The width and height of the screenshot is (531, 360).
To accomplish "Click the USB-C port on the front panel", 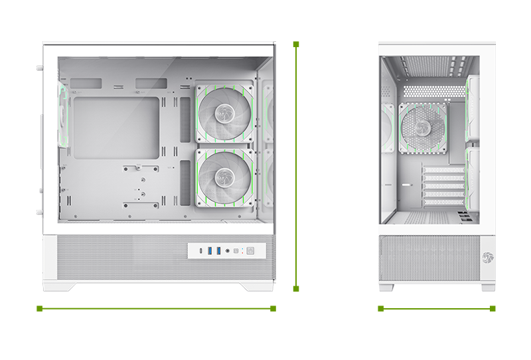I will pos(201,250).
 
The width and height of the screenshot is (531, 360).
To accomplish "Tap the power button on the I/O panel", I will pos(250,251).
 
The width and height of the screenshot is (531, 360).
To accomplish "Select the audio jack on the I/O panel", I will pos(228,251).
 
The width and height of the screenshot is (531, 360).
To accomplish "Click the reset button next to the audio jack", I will pos(237,251).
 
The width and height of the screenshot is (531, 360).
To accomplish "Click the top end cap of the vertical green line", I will pos(296,45).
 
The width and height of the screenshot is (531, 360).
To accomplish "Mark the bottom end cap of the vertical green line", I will pos(296,289).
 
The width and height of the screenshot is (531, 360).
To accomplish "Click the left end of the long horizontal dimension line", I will pos(40,308).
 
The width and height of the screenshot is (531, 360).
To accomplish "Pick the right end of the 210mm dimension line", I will pos(492,308).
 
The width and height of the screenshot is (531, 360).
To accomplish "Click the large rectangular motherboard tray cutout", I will pos(117,128).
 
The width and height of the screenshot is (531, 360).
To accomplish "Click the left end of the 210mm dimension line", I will pos(380,308).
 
